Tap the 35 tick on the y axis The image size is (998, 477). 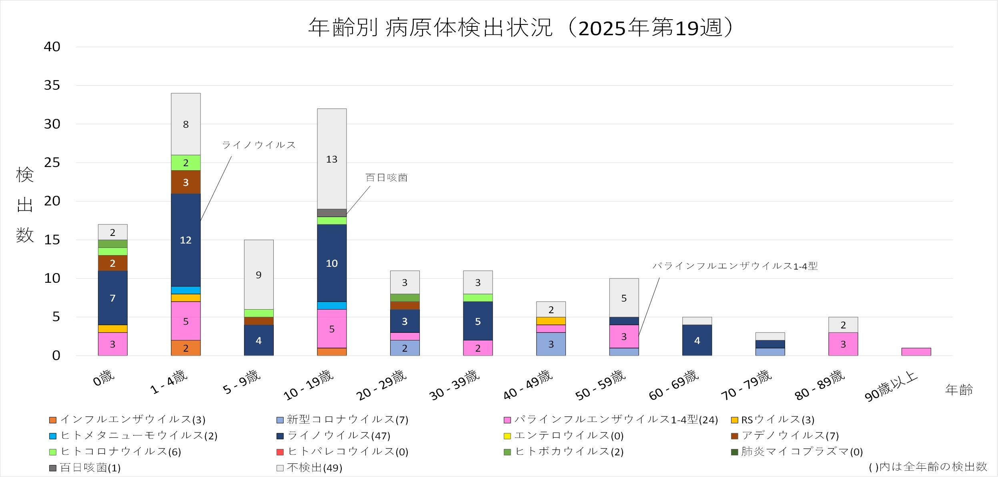pos(52,85)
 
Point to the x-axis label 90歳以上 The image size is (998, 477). pos(891,387)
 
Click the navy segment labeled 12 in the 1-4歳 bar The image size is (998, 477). pos(186,240)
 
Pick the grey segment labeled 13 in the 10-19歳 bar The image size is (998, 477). pos(332,159)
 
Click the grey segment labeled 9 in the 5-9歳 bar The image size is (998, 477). pos(259,275)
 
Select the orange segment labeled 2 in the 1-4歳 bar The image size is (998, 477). pos(186,348)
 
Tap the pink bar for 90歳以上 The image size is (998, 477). pos(916,352)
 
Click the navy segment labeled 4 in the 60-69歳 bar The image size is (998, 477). pos(697,340)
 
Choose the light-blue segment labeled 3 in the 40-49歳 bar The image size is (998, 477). pos(551,344)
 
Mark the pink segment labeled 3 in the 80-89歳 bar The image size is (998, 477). pos(843,344)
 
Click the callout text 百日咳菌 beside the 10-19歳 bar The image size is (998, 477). pos(387,178)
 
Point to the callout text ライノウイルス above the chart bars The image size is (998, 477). pos(259,145)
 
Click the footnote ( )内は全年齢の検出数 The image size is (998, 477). pos(928,467)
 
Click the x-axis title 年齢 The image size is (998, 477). pos(959,390)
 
